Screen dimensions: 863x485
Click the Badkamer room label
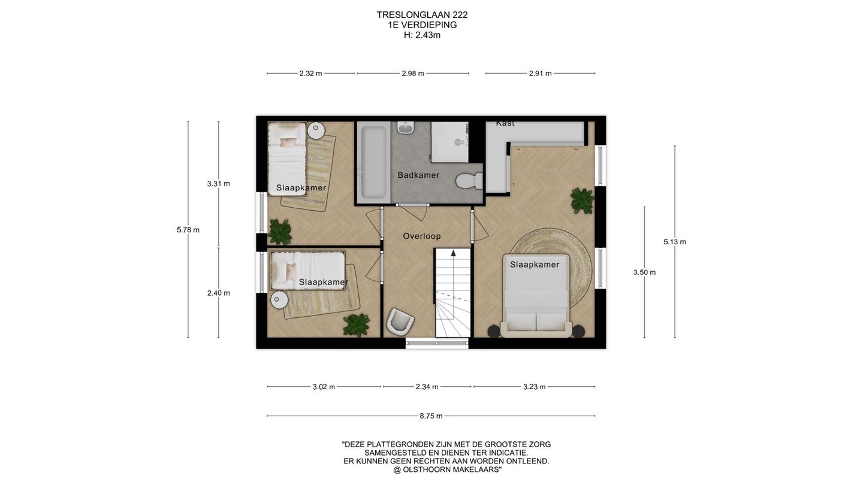[x=418, y=175]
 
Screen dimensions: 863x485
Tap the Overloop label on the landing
[x=422, y=236]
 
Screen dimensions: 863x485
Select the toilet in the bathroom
[x=469, y=181]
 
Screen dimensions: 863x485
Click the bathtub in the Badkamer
[x=372, y=162]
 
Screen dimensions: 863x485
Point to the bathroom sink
[x=405, y=128]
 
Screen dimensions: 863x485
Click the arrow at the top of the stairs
[x=454, y=253]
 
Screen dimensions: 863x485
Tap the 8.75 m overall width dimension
[x=431, y=416]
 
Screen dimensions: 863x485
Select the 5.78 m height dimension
[x=188, y=230]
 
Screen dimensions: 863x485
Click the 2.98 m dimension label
[x=412, y=73]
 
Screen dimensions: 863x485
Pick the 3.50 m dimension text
[x=644, y=272]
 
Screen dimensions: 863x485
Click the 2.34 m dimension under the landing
[x=427, y=386]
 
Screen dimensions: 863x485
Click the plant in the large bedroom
[x=582, y=200]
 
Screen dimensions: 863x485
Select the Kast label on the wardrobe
[x=505, y=123]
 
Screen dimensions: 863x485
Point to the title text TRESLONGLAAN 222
[x=422, y=15]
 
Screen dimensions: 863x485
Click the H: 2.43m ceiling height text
[x=422, y=35]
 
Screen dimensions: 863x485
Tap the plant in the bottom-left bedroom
[x=357, y=325]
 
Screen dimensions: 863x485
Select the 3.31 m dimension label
[x=218, y=184]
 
